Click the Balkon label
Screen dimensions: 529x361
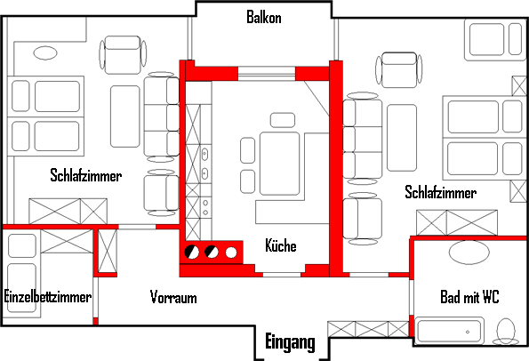pos(264,17)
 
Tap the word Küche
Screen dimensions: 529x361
pos(281,245)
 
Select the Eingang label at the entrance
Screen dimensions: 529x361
pos(290,342)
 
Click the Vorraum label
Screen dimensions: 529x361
pos(173,297)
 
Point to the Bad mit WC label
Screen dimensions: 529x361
pos(469,297)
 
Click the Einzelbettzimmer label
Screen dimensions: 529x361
pos(48,297)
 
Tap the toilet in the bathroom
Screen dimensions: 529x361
pos(506,332)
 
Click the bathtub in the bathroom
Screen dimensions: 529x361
pos(449,331)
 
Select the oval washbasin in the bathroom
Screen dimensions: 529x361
pos(469,253)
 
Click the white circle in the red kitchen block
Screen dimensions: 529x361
pos(231,253)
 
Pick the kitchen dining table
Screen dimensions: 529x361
pos(280,164)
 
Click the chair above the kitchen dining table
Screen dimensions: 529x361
pos(283,120)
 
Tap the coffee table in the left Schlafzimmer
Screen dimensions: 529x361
pos(125,116)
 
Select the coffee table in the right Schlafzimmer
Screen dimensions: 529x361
pos(402,138)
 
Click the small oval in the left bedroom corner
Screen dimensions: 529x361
pos(45,53)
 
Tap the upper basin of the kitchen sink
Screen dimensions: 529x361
pos(204,155)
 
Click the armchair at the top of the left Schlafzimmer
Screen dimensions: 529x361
pos(123,55)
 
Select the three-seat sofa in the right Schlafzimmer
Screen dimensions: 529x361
pos(363,139)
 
